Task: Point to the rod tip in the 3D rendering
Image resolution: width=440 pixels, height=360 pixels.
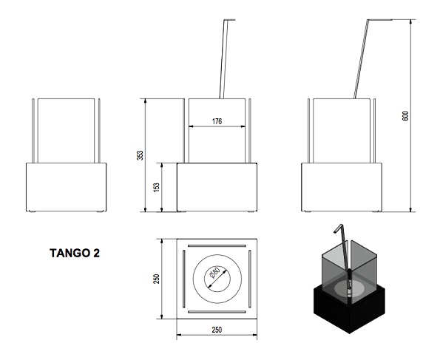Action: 337,229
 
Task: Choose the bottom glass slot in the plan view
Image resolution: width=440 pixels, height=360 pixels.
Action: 218,311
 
